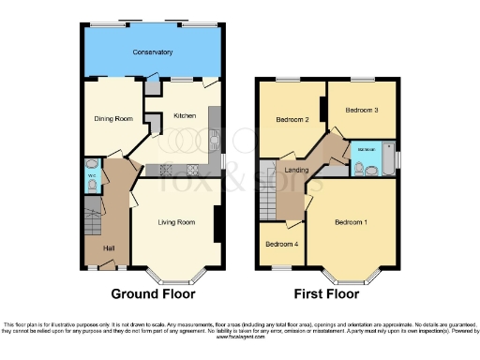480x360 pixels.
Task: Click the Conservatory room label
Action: [x=152, y=52]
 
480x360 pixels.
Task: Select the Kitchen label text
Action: [x=184, y=116]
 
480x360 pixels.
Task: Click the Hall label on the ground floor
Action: [x=109, y=247]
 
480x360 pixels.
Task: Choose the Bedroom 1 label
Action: [x=352, y=222]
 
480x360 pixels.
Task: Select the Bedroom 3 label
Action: [x=362, y=111]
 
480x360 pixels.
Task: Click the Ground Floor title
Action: [x=153, y=292]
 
